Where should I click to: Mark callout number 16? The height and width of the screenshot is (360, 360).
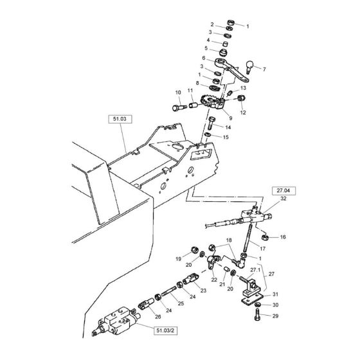point(284,238)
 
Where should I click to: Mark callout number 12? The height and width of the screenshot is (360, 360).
point(242,113)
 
